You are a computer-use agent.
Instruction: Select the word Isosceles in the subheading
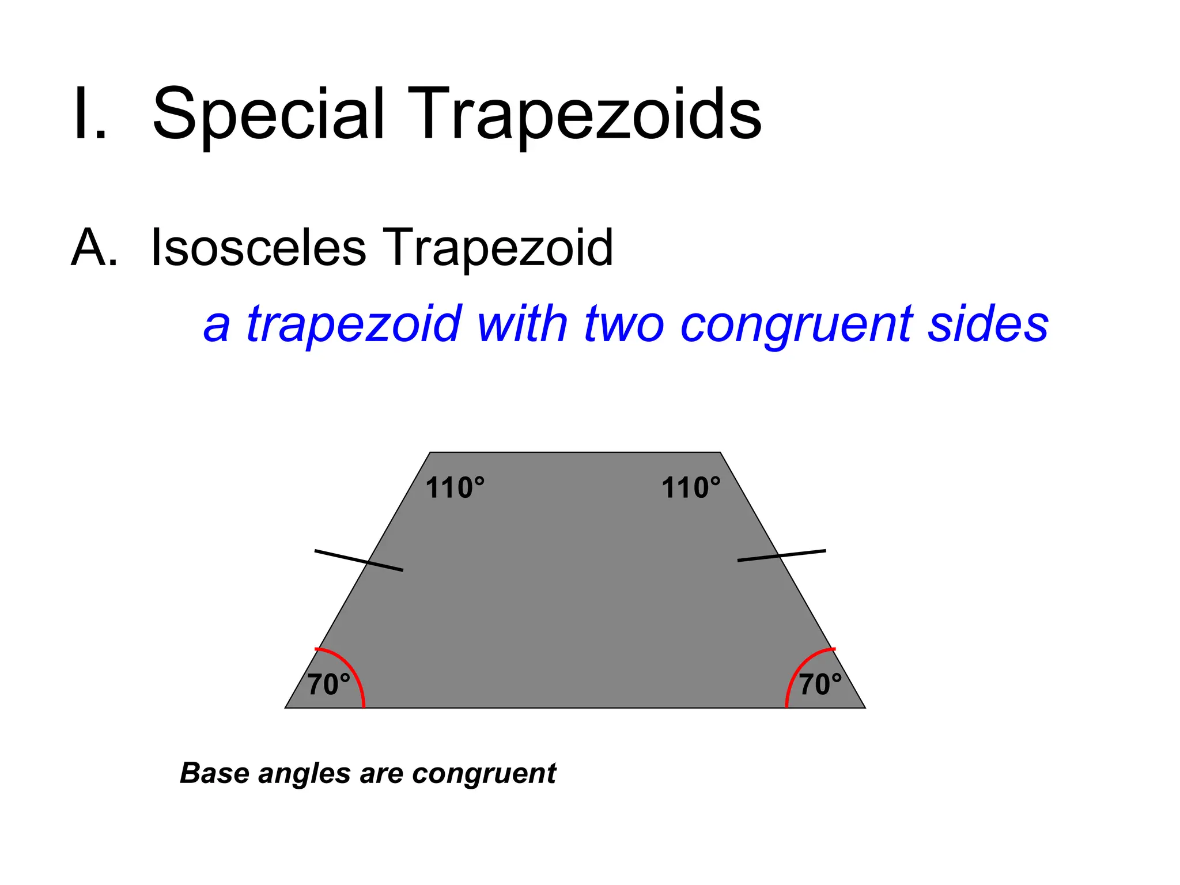pos(258,248)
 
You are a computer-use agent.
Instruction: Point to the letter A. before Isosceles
pos(94,248)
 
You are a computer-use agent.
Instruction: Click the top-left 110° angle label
pos(455,488)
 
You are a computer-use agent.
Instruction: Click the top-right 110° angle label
pos(690,488)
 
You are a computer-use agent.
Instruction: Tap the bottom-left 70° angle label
pos(328,684)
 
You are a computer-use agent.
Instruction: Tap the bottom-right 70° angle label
pos(820,684)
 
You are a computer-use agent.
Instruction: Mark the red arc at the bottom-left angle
pos(353,668)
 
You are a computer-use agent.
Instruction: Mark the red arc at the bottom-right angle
pos(799,668)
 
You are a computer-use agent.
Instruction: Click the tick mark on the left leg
pos(358,561)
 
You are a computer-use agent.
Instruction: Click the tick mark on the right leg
pos(781,555)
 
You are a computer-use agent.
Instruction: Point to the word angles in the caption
pos(304,774)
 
